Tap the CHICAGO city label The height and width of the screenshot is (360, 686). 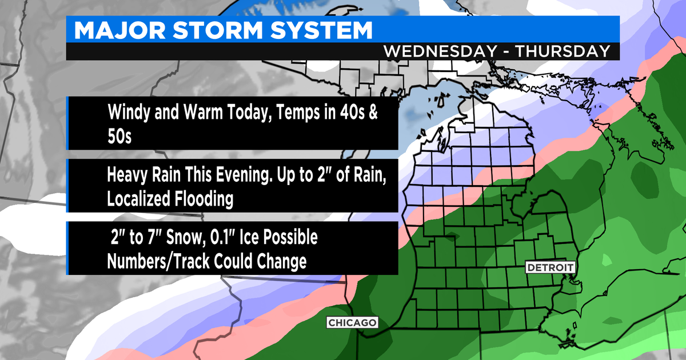[352, 323]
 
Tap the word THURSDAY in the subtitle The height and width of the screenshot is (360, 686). [563, 50]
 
